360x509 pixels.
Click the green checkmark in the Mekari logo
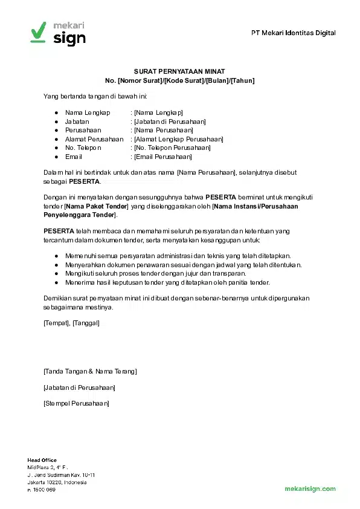click(38, 30)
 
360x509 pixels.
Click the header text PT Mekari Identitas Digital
click(293, 33)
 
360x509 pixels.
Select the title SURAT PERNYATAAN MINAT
click(179, 71)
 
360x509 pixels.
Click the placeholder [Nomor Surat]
click(140, 80)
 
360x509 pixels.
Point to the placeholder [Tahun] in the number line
click(242, 80)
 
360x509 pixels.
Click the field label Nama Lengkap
click(88, 113)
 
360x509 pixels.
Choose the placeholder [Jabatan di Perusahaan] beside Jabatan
click(170, 122)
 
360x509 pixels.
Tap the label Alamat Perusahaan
click(94, 139)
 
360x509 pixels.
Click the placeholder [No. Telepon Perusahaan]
click(172, 148)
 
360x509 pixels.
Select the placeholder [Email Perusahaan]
click(162, 157)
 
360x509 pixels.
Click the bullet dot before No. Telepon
click(56, 148)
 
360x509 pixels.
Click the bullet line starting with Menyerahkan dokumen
click(183, 265)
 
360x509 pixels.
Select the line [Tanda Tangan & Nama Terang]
click(90, 371)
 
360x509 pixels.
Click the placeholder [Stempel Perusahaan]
click(76, 402)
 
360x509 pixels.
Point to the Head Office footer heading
click(42, 460)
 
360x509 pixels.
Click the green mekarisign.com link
click(310, 488)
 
